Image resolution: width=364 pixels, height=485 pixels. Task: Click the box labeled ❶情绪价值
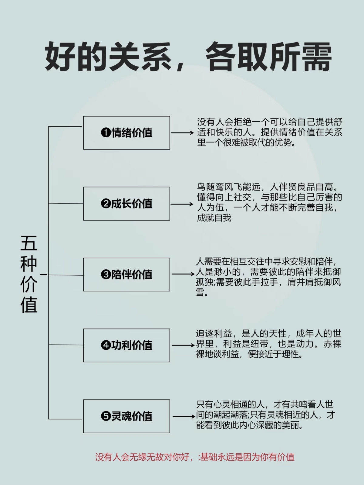click(x=126, y=133)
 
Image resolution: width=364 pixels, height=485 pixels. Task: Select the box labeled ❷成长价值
click(x=126, y=204)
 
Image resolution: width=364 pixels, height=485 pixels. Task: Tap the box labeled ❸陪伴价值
click(x=126, y=274)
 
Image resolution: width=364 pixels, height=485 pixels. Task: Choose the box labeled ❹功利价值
click(x=126, y=345)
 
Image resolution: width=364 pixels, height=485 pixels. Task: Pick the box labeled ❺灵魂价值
click(x=126, y=416)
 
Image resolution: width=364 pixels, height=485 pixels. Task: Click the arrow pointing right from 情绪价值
click(x=182, y=133)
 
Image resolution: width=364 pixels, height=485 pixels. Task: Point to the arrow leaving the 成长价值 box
click(x=182, y=204)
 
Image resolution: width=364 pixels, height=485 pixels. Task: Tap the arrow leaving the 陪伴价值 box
click(x=183, y=274)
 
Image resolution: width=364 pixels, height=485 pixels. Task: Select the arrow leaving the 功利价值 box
click(x=183, y=345)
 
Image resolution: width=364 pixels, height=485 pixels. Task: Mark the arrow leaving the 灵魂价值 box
click(x=184, y=416)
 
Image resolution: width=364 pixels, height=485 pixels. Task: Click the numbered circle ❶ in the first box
click(x=105, y=133)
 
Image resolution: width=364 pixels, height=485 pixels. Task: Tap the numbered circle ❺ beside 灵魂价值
click(x=105, y=416)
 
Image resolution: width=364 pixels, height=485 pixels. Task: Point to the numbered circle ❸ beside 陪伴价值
click(x=105, y=275)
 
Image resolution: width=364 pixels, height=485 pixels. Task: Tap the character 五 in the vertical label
click(x=29, y=243)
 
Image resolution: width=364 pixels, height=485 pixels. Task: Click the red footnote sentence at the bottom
click(x=195, y=457)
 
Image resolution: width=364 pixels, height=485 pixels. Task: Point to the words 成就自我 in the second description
click(x=214, y=218)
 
